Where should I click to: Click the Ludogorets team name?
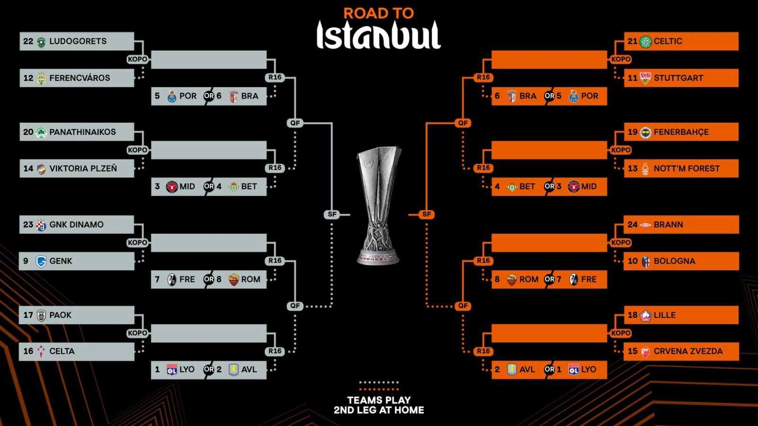tap(78, 41)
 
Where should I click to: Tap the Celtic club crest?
tap(646, 42)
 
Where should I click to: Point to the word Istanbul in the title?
tap(379, 35)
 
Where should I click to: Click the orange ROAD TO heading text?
tap(379, 13)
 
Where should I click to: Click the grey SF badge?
tap(332, 214)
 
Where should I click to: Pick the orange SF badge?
tap(426, 214)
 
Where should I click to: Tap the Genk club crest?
tap(41, 261)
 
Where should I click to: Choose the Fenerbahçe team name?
tap(681, 132)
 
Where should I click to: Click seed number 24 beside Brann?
tap(632, 225)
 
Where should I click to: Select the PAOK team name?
tap(60, 315)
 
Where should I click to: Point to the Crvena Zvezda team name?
tap(688, 351)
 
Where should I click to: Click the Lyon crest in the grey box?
tap(172, 370)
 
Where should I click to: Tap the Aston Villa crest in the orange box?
tap(512, 370)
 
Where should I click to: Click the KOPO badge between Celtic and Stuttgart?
tap(621, 59)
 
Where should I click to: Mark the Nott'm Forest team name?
tap(686, 169)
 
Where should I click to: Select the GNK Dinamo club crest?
tap(41, 225)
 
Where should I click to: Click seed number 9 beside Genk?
tap(26, 261)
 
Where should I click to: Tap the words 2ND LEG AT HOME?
tap(379, 410)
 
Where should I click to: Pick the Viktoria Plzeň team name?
tap(83, 169)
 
